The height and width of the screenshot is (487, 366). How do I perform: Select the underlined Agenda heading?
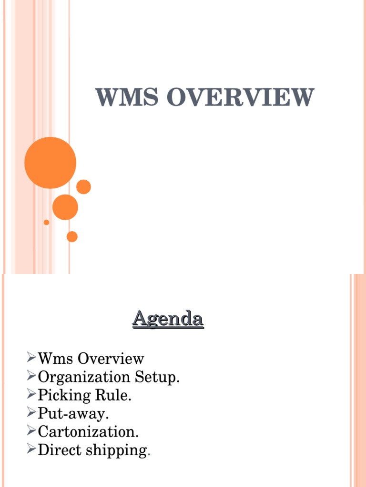[x=168, y=318]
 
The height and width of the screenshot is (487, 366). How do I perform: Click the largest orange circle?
[x=50, y=163]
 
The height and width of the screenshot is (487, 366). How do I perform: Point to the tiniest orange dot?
[x=46, y=222]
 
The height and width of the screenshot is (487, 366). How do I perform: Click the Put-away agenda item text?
[x=73, y=414]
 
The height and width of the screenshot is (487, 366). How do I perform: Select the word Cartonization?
[x=88, y=432]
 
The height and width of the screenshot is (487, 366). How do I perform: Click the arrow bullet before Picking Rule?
[x=31, y=394]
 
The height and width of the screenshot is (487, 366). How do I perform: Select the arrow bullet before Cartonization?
[x=31, y=431]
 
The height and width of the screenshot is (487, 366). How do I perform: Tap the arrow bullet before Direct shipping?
[x=31, y=449]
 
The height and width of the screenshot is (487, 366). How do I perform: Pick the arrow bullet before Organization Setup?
[x=31, y=376]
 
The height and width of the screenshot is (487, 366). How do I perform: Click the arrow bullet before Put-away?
[x=31, y=413]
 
